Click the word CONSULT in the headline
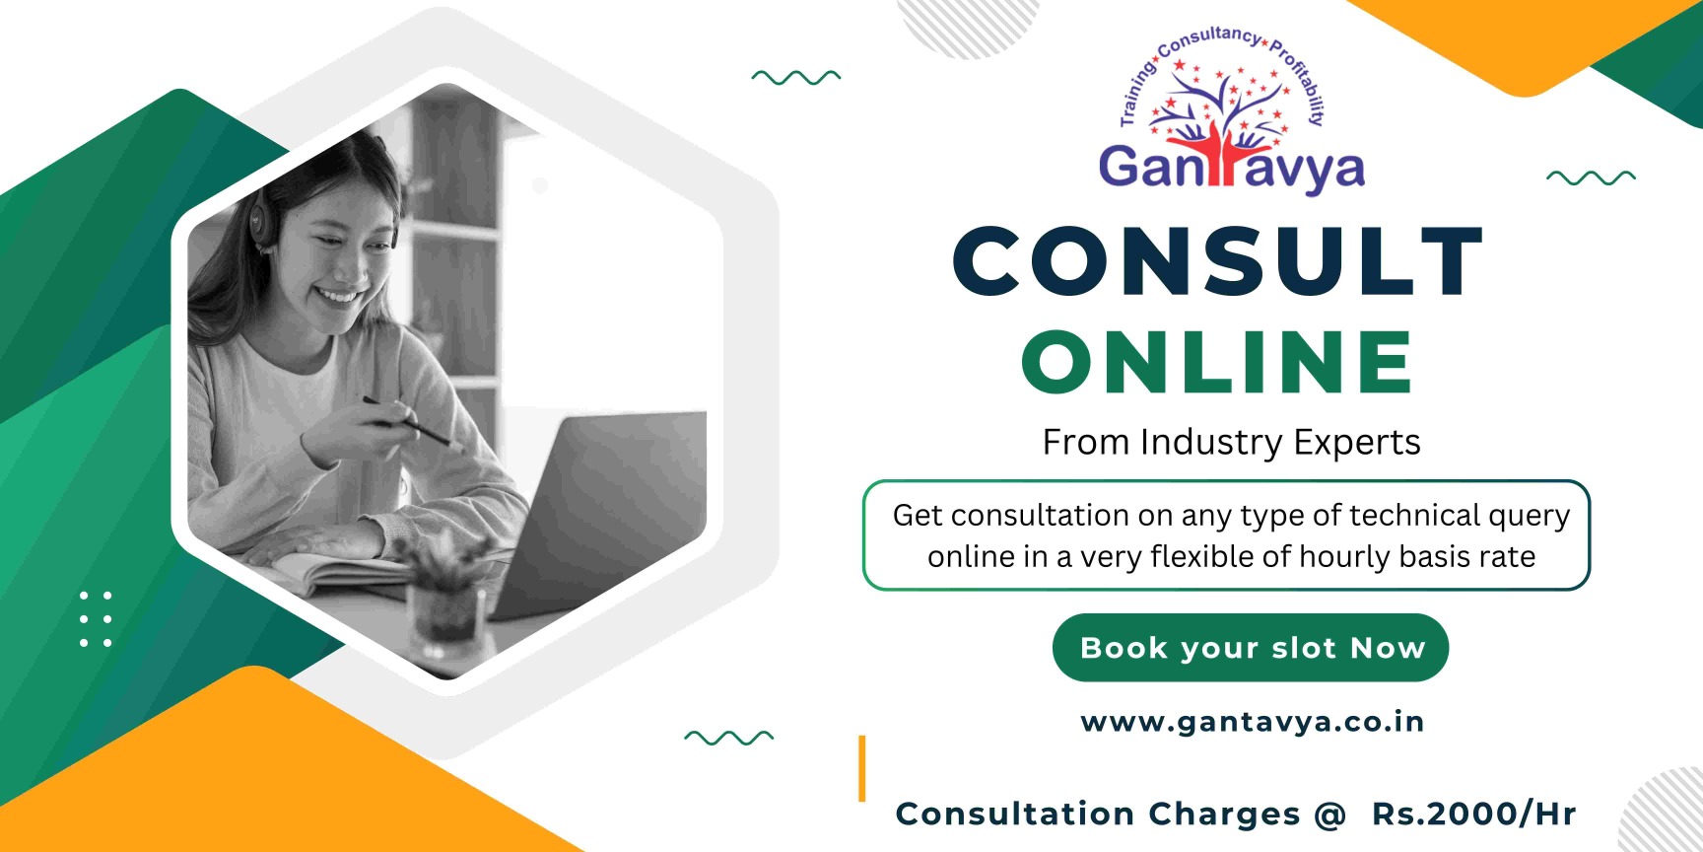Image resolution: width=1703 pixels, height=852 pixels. tap(1218, 260)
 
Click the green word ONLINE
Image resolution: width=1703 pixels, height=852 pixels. tap(1218, 362)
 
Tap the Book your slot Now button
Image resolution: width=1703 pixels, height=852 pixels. tap(1251, 648)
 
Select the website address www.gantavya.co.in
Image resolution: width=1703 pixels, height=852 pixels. tap(1253, 723)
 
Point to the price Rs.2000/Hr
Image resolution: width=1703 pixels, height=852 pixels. tap(1474, 814)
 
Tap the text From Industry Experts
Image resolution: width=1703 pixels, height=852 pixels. tap(1232, 443)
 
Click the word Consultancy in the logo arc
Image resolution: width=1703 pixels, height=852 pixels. tap(1209, 40)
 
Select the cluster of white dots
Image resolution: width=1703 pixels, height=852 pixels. tap(96, 619)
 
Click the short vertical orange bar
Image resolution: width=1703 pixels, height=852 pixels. tap(861, 768)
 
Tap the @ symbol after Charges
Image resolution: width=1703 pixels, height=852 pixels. tap(1329, 815)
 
